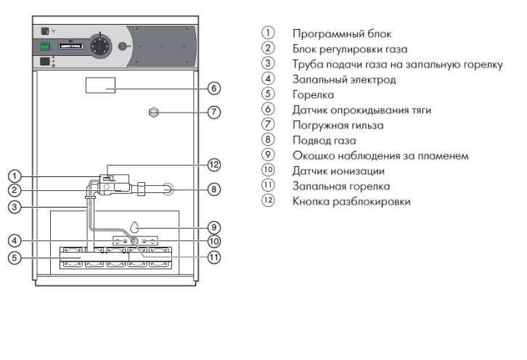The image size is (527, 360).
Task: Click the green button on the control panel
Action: [x=45, y=46]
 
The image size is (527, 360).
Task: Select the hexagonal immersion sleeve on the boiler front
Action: [x=152, y=112]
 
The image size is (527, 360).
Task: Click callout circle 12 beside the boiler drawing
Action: [x=213, y=164]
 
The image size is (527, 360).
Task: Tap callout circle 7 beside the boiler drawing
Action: [x=213, y=112]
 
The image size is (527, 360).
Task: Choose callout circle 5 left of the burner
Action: [x=13, y=257]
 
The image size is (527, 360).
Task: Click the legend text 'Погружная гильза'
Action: [x=328, y=125]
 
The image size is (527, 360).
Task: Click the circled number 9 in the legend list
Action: [x=269, y=155]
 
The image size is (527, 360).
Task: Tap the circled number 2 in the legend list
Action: [x=269, y=49]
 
